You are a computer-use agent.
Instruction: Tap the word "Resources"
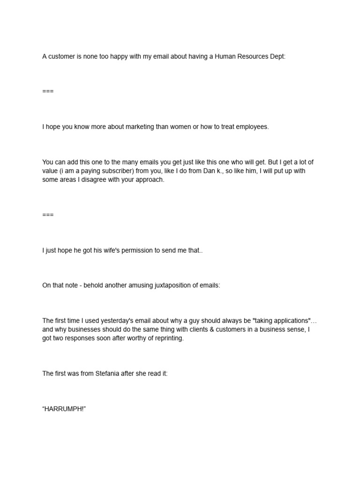[x=252, y=56]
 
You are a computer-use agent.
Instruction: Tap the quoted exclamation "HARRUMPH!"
[x=64, y=409]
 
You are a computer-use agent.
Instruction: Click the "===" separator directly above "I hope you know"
[x=48, y=91]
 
